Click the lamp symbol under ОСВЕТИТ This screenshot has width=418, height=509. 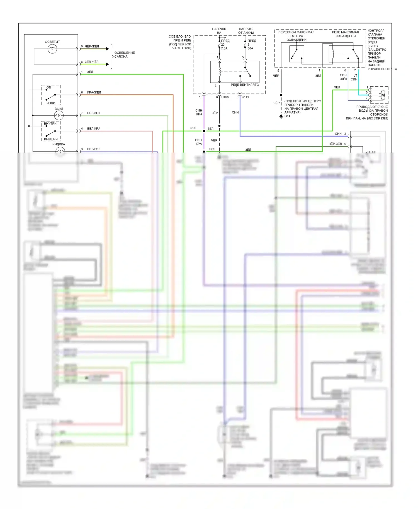tap(52, 49)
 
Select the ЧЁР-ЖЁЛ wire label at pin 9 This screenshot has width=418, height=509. tap(92, 46)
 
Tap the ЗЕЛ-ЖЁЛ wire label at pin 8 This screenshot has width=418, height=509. tap(91, 62)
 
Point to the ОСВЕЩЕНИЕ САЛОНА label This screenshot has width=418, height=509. tap(124, 55)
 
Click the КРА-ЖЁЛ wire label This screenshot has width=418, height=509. tap(94, 92)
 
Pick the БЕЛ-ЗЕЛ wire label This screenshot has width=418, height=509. tap(94, 113)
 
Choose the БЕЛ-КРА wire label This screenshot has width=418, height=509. tap(94, 129)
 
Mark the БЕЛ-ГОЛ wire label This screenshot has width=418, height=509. tap(94, 149)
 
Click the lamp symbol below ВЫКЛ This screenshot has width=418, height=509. tap(59, 115)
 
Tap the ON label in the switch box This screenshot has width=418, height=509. tap(49, 87)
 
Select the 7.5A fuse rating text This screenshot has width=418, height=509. tap(224, 48)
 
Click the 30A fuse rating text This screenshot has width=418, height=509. tap(250, 48)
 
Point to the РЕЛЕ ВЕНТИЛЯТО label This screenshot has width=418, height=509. tap(245, 85)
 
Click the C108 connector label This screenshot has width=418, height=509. tap(225, 97)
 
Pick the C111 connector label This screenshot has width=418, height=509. tap(245, 97)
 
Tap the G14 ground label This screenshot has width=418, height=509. tap(287, 116)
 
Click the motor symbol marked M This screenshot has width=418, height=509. tap(383, 95)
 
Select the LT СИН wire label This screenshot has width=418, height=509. tap(354, 77)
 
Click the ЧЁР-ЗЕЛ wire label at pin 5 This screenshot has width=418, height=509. tap(335, 144)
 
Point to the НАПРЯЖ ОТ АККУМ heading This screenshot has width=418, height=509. tap(246, 31)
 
